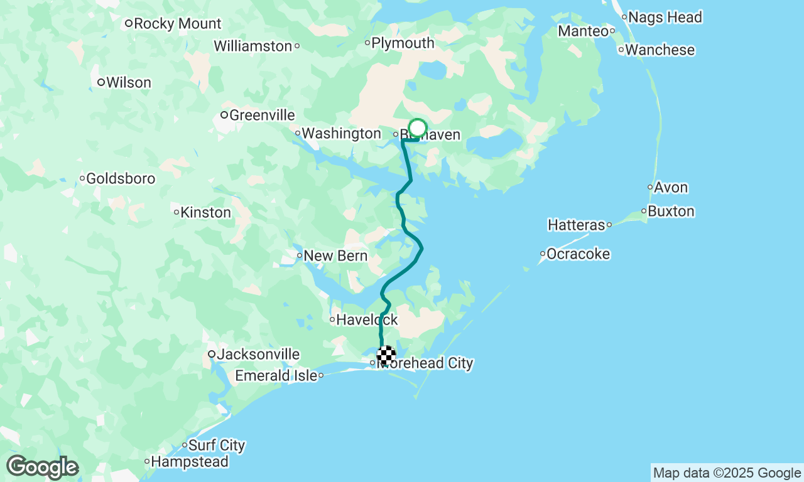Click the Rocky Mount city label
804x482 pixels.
click(177, 24)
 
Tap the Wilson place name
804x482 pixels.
click(128, 82)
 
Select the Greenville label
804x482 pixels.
click(262, 115)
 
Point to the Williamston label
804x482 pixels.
click(253, 46)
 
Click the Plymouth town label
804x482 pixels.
click(403, 43)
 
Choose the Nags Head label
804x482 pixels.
click(665, 18)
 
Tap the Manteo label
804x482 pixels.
click(583, 31)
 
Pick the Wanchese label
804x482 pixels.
click(660, 50)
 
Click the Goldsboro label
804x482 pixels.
click(121, 179)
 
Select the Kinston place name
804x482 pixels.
click(205, 212)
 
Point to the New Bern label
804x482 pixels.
click(335, 256)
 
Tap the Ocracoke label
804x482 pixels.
click(578, 254)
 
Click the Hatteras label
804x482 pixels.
click(576, 225)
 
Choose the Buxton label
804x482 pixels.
click(671, 212)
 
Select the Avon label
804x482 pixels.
click(671, 188)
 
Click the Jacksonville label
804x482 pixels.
click(258, 355)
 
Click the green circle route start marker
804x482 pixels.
click(417, 129)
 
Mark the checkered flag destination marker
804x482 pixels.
click(386, 355)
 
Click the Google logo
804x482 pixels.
click(42, 468)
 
